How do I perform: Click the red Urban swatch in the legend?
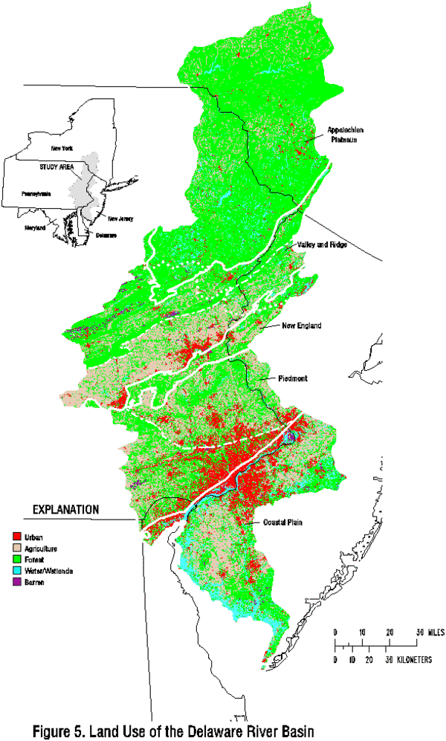(x=16, y=535)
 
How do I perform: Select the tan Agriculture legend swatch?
(x=16, y=548)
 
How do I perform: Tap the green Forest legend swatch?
(x=16, y=560)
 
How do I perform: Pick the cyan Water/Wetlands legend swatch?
(x=16, y=572)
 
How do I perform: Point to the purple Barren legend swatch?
(x=16, y=584)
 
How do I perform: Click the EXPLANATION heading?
(x=65, y=511)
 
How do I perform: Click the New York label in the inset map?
(x=53, y=149)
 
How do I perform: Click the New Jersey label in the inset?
(x=120, y=219)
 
